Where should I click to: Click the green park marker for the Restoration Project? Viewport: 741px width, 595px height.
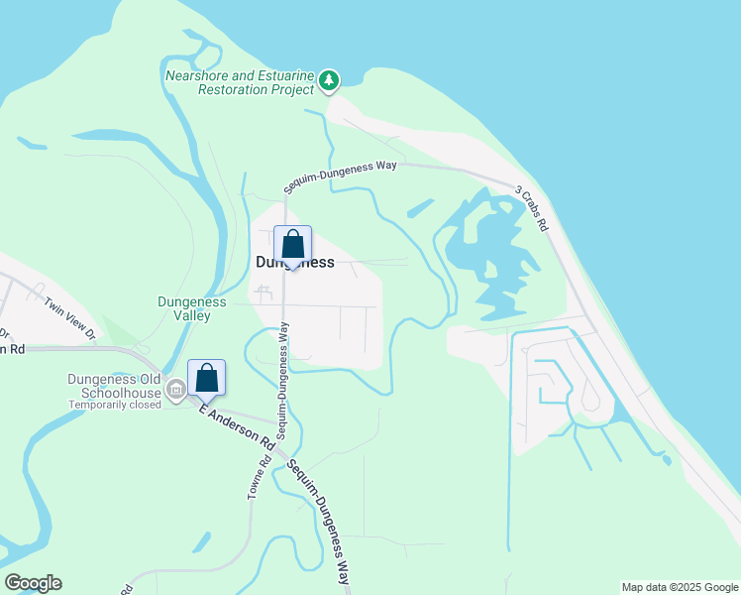pos(330,80)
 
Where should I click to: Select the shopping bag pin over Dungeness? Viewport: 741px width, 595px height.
pos(292,245)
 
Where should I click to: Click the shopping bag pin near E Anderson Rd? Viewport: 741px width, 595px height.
pos(206,379)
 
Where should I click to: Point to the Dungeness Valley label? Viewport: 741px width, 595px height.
pos(192,308)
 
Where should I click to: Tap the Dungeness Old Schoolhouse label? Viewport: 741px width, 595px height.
pos(114,378)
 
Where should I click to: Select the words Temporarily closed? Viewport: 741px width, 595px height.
pos(114,405)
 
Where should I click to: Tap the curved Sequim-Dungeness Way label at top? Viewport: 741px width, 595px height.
pos(340,176)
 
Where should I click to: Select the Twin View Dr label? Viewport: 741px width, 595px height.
pos(69,316)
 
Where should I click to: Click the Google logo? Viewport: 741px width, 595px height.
pos(33,583)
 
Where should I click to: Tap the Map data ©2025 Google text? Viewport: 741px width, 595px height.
pos(680,587)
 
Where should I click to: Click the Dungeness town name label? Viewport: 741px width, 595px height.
pos(295,264)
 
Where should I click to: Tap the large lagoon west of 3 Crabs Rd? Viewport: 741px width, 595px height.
pos(485,253)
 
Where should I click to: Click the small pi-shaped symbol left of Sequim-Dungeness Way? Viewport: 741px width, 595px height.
pos(263,293)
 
